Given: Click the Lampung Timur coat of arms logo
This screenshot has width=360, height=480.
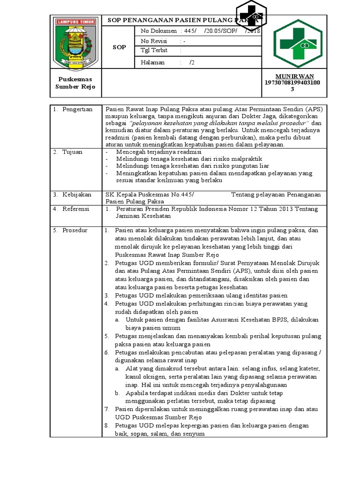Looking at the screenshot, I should click(x=75, y=43).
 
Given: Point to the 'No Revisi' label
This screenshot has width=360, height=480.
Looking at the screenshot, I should click(x=154, y=41).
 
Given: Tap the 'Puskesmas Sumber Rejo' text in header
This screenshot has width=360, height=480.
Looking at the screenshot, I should click(x=75, y=83).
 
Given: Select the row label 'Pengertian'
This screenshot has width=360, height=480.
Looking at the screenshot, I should click(x=78, y=109).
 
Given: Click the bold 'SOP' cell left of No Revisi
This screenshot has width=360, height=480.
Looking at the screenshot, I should click(x=119, y=47).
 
